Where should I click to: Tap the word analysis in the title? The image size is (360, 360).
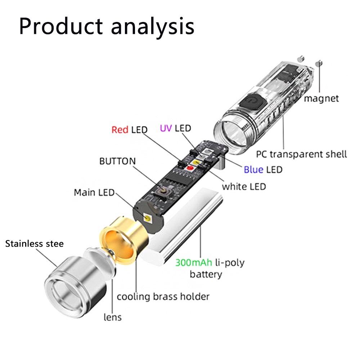153,26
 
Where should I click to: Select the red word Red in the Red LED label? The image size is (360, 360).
120,130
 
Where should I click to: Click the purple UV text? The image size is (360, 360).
166,128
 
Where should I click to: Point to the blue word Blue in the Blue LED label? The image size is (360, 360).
253,169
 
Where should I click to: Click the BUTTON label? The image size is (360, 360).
118,161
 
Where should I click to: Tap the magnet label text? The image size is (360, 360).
321,98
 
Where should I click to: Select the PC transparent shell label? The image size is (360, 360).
301,154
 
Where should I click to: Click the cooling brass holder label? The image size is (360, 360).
163,297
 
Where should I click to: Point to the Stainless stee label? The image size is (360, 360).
35,244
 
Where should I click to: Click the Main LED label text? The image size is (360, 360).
94,193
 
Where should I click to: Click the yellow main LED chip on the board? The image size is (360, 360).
148,218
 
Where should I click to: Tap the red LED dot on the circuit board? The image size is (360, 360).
188,168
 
